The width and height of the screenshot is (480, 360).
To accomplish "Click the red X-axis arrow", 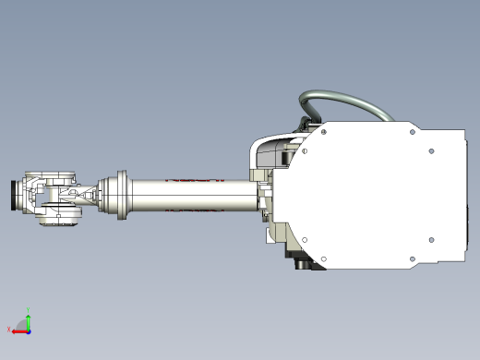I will point(19,330).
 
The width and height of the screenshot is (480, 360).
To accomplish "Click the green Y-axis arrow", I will point(29,321).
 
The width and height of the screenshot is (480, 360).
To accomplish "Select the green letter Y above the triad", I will point(29,311).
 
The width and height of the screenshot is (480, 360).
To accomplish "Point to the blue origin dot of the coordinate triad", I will point(29,330).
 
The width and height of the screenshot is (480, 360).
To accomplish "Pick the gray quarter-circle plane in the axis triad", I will point(24,326).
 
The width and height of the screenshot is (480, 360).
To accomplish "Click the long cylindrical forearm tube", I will point(194,196).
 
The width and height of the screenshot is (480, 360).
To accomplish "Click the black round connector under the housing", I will point(303,262).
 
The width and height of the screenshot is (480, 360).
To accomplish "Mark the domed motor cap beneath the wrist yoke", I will point(60,219).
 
